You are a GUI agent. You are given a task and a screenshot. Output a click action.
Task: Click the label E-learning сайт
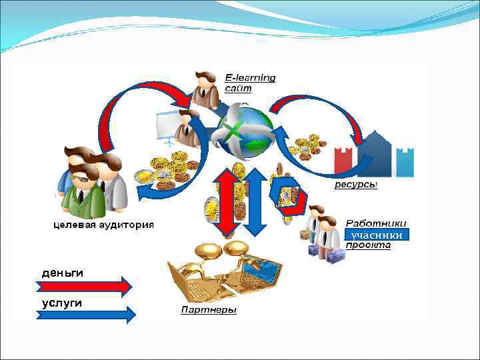(250, 83)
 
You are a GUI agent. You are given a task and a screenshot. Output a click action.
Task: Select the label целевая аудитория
(103, 225)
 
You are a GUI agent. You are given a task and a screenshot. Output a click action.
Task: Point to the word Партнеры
(209, 311)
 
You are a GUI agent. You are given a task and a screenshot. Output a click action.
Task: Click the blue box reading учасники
(376, 235)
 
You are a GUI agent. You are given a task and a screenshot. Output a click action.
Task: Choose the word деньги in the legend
(63, 273)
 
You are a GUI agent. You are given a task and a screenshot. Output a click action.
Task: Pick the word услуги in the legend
(62, 303)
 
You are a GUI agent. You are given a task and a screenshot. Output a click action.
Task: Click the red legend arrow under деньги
(83, 287)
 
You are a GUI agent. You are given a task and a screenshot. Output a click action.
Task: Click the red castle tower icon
(345, 160)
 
